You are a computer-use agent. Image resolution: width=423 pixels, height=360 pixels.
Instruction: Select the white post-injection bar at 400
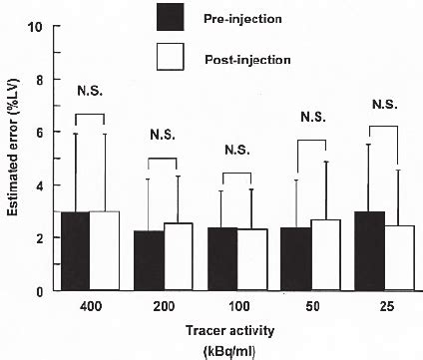coord(105,251)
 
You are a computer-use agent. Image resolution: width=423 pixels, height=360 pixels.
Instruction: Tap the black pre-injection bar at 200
coord(149,260)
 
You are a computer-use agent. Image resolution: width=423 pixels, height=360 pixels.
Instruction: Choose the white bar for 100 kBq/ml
coord(251,260)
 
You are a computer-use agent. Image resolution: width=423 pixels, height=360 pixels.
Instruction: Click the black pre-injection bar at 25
coord(369,251)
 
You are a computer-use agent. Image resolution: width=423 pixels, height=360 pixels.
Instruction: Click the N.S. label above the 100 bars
coord(236,150)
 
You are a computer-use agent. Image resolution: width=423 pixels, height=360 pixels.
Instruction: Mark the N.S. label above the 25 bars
coord(384,103)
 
